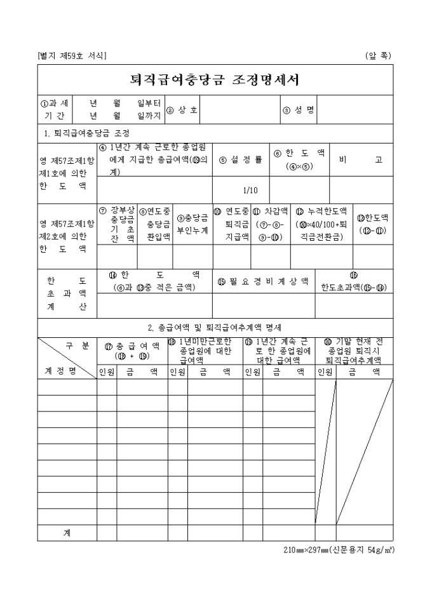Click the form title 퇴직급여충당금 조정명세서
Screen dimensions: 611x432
(x=215, y=80)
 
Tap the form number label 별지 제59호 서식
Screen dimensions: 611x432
(x=72, y=56)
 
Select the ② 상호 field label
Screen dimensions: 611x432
(x=182, y=110)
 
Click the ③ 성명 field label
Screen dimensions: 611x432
(x=299, y=110)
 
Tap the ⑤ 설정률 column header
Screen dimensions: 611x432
(x=241, y=159)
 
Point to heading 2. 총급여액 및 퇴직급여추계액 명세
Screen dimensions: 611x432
(x=215, y=328)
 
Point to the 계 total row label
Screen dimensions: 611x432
(x=67, y=533)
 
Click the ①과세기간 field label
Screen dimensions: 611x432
(x=55, y=110)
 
